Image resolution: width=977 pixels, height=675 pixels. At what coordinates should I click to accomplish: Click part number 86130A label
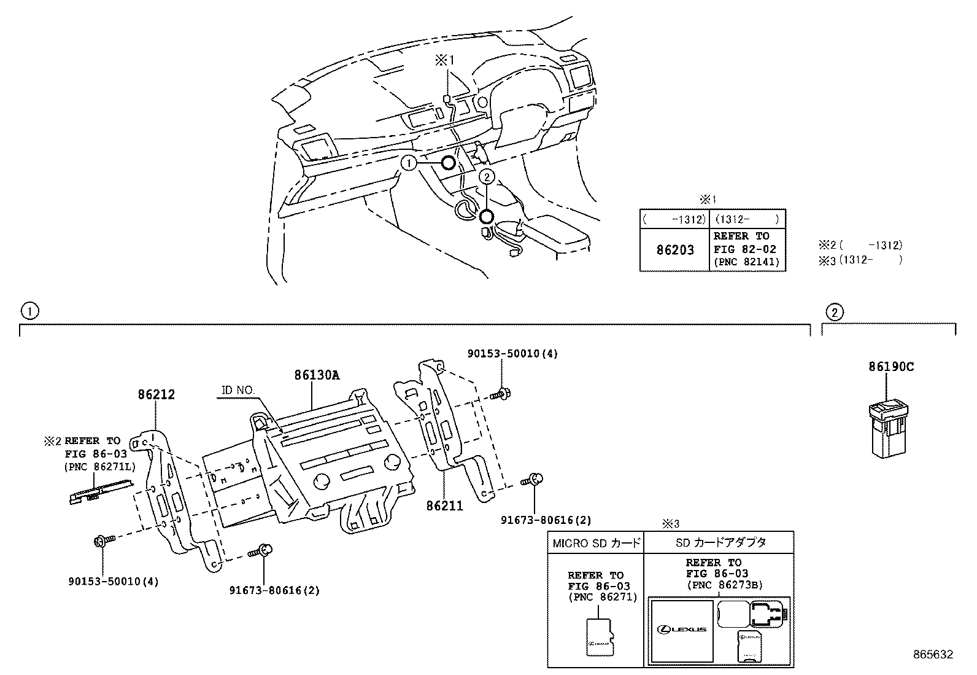click(x=316, y=375)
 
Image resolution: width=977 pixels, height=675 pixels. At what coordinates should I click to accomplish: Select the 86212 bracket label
click(x=156, y=394)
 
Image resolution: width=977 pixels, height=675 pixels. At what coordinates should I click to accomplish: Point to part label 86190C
click(x=890, y=367)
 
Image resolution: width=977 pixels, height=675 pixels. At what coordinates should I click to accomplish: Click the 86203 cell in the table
click(x=675, y=250)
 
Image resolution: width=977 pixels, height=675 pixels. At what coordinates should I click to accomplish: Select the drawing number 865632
click(x=933, y=655)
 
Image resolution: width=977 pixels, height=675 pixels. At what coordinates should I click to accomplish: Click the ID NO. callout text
click(x=239, y=390)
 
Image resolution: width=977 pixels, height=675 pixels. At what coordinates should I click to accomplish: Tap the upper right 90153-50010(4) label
click(x=512, y=354)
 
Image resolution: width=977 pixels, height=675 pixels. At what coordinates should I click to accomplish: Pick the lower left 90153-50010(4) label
click(x=113, y=581)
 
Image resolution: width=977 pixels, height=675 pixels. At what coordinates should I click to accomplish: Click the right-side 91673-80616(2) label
click(x=546, y=520)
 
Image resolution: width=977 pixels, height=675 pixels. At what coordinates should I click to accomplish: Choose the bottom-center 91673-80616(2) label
click(x=274, y=591)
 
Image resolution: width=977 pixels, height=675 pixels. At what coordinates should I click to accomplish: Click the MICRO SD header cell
click(x=596, y=542)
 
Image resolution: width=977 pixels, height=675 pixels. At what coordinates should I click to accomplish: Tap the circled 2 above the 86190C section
click(x=834, y=312)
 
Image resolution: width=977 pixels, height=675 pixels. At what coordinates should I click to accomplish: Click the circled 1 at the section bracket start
click(x=29, y=311)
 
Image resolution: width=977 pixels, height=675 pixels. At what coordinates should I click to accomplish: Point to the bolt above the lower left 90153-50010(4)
click(x=101, y=541)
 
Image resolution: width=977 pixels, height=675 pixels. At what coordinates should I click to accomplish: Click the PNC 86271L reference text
click(x=99, y=467)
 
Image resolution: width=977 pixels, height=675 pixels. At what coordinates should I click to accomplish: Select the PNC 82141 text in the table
click(x=746, y=262)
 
